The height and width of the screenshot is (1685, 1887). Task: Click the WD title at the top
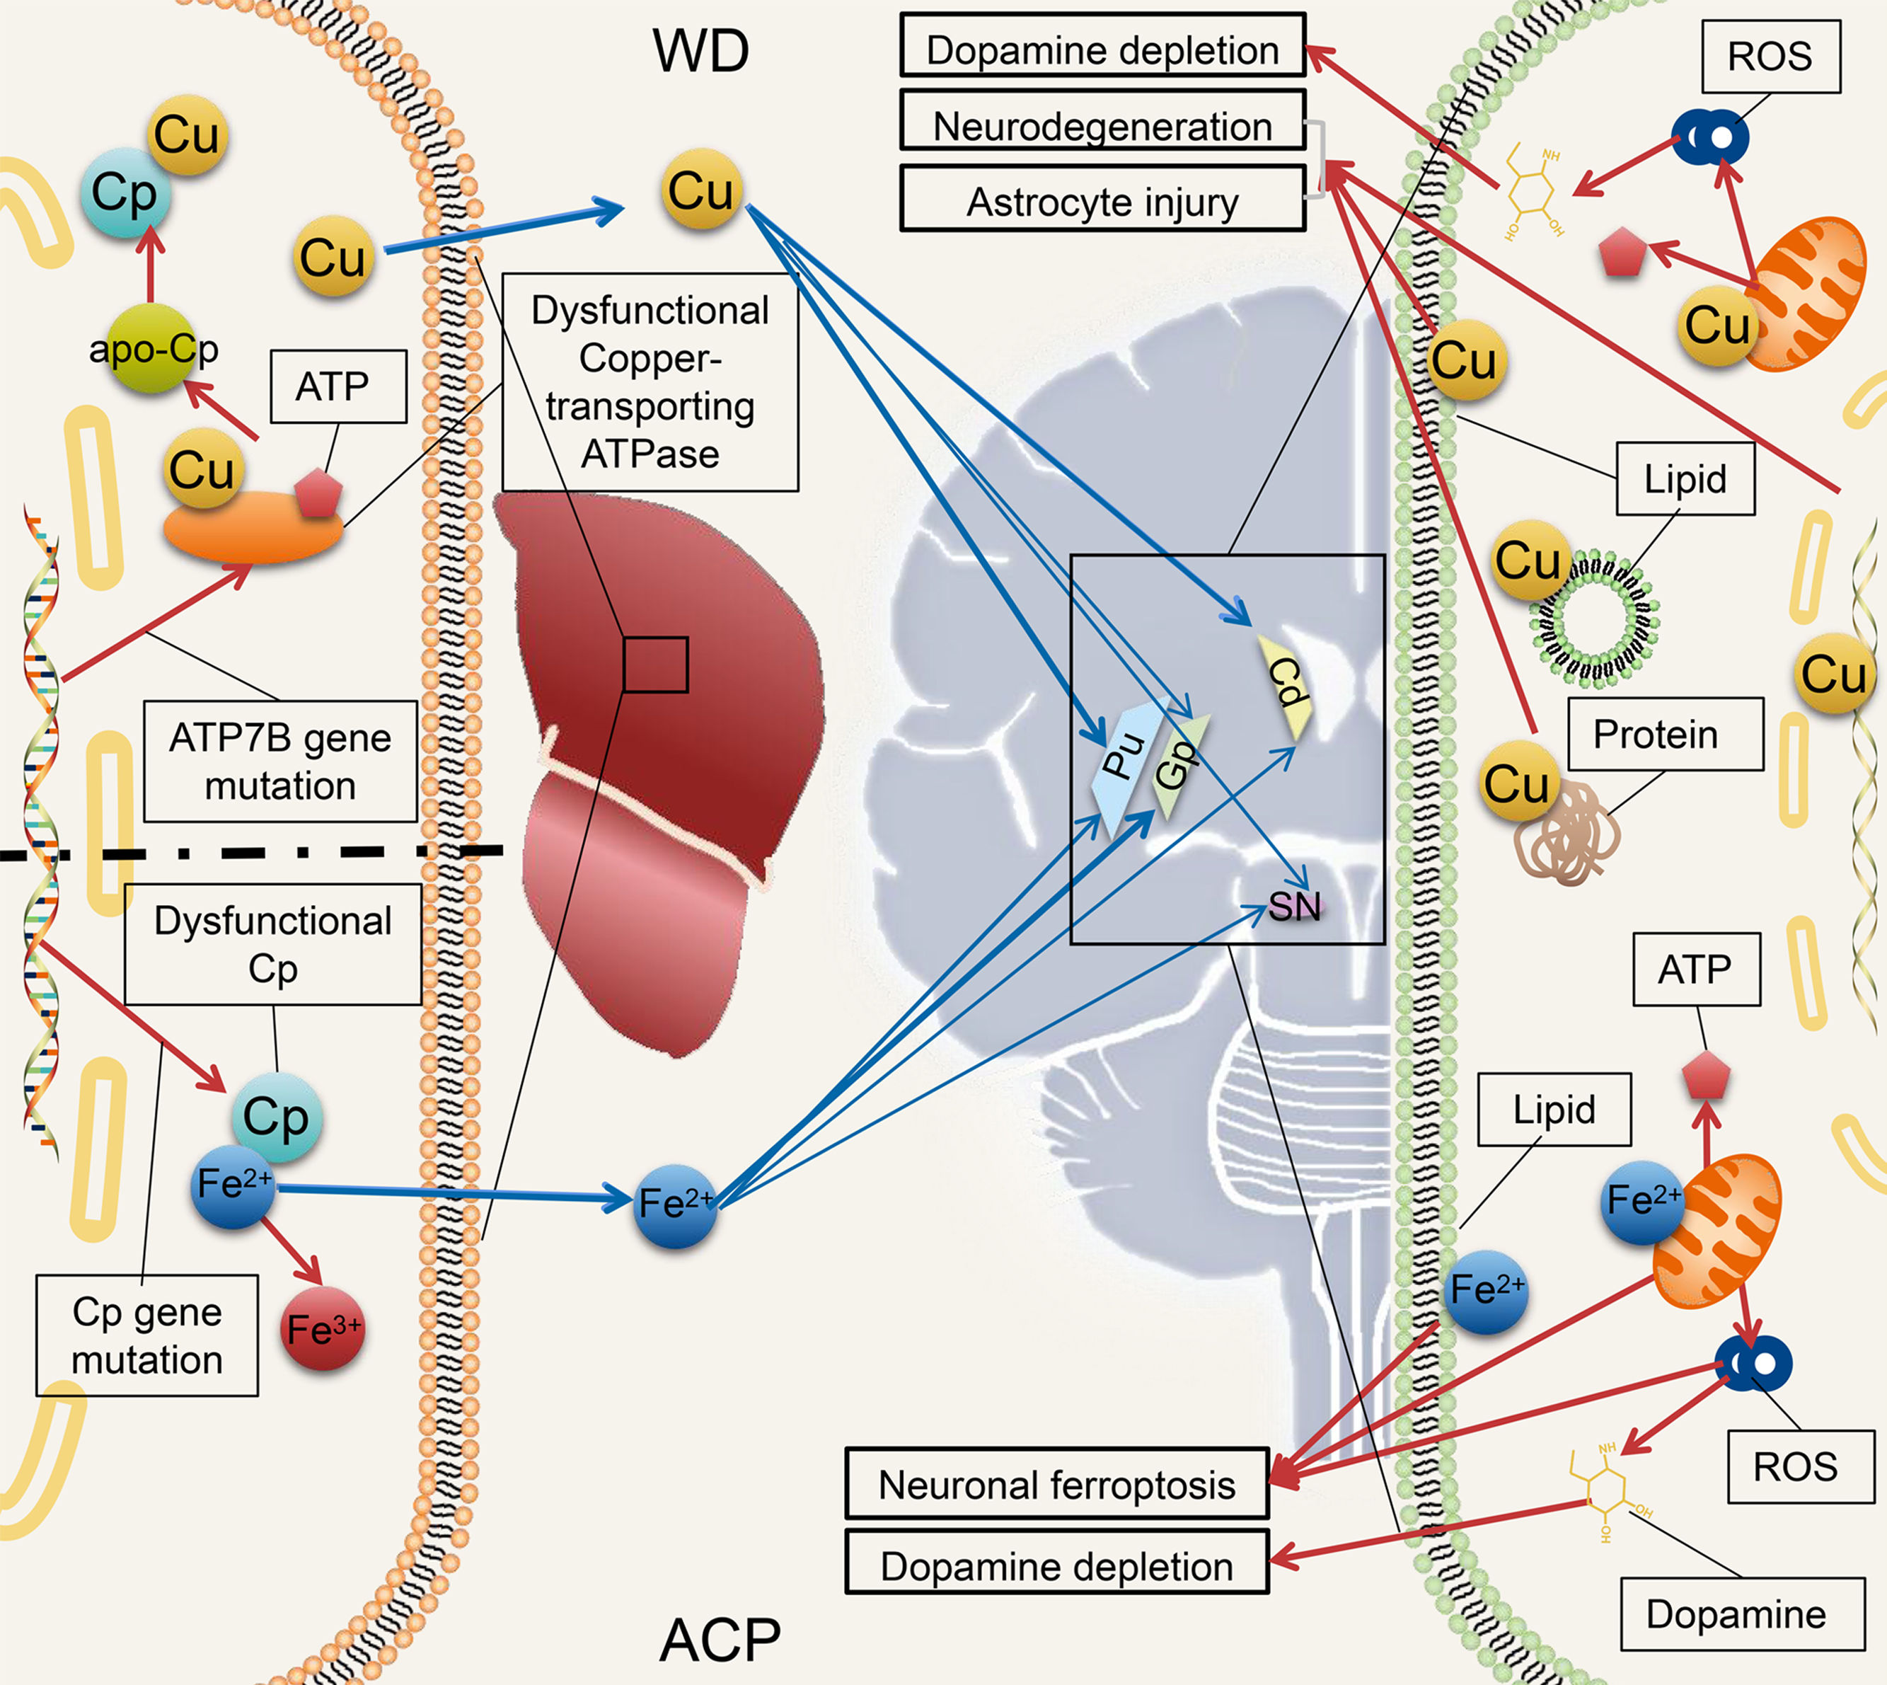click(x=700, y=51)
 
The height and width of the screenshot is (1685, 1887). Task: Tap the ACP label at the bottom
click(x=720, y=1640)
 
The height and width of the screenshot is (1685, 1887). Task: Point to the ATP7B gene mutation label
click(x=280, y=761)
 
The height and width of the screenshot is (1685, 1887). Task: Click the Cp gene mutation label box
click(x=147, y=1335)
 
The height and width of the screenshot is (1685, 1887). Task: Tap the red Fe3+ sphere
click(x=322, y=1328)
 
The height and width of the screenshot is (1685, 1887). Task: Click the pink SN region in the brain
click(x=1295, y=907)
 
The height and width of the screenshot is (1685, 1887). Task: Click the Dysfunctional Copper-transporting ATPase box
click(x=650, y=381)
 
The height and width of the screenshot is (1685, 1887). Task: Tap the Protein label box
click(x=1665, y=734)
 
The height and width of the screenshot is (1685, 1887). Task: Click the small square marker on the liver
click(x=655, y=665)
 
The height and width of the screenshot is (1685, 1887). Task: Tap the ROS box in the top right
click(x=1770, y=57)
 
